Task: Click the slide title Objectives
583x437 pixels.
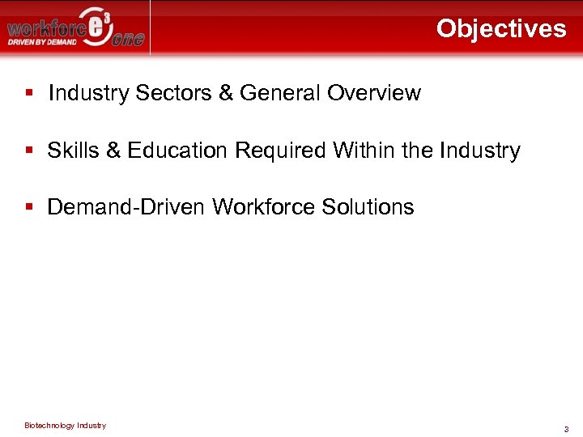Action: (x=501, y=29)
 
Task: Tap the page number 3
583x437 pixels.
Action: (x=567, y=429)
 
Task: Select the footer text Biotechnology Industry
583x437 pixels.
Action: (x=65, y=426)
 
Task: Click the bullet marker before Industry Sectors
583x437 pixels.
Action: (x=29, y=93)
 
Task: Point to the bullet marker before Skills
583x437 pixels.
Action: (x=29, y=151)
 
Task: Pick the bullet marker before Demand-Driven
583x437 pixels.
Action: (x=29, y=207)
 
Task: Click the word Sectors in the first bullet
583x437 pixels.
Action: (x=172, y=93)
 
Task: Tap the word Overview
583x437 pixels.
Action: (x=374, y=93)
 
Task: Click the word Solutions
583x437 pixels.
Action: (x=368, y=207)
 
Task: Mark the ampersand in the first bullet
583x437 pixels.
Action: (x=226, y=93)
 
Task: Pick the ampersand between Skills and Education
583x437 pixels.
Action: (x=106, y=151)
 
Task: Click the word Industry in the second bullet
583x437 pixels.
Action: (x=480, y=151)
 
